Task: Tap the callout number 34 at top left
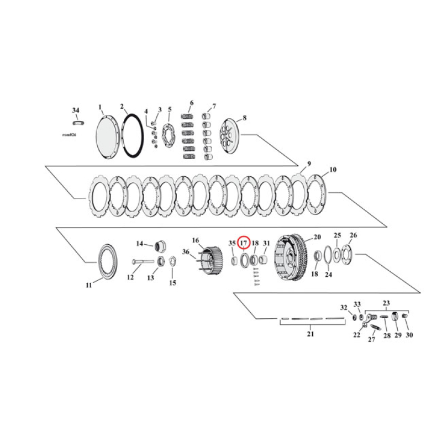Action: (x=76, y=110)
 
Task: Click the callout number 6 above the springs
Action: (x=191, y=103)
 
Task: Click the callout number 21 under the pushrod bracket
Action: (x=310, y=334)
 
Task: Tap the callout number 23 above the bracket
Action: (x=386, y=303)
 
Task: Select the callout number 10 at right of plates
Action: (x=333, y=170)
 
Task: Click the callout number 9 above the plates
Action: (x=309, y=164)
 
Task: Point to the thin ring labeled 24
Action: (x=327, y=255)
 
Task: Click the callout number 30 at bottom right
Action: (x=409, y=335)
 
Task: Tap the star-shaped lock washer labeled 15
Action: (x=172, y=261)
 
